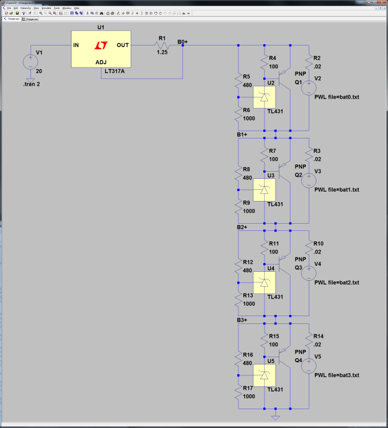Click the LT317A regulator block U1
(100, 48)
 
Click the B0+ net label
(182, 41)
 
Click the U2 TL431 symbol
(264, 98)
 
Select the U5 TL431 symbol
(264, 376)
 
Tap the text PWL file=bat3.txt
(336, 375)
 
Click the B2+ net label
(242, 227)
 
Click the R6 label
(247, 111)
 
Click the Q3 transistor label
(298, 267)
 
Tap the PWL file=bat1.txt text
(336, 189)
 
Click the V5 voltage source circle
(309, 365)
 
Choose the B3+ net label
(242, 320)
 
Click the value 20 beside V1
(39, 71)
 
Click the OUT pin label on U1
(122, 45)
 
